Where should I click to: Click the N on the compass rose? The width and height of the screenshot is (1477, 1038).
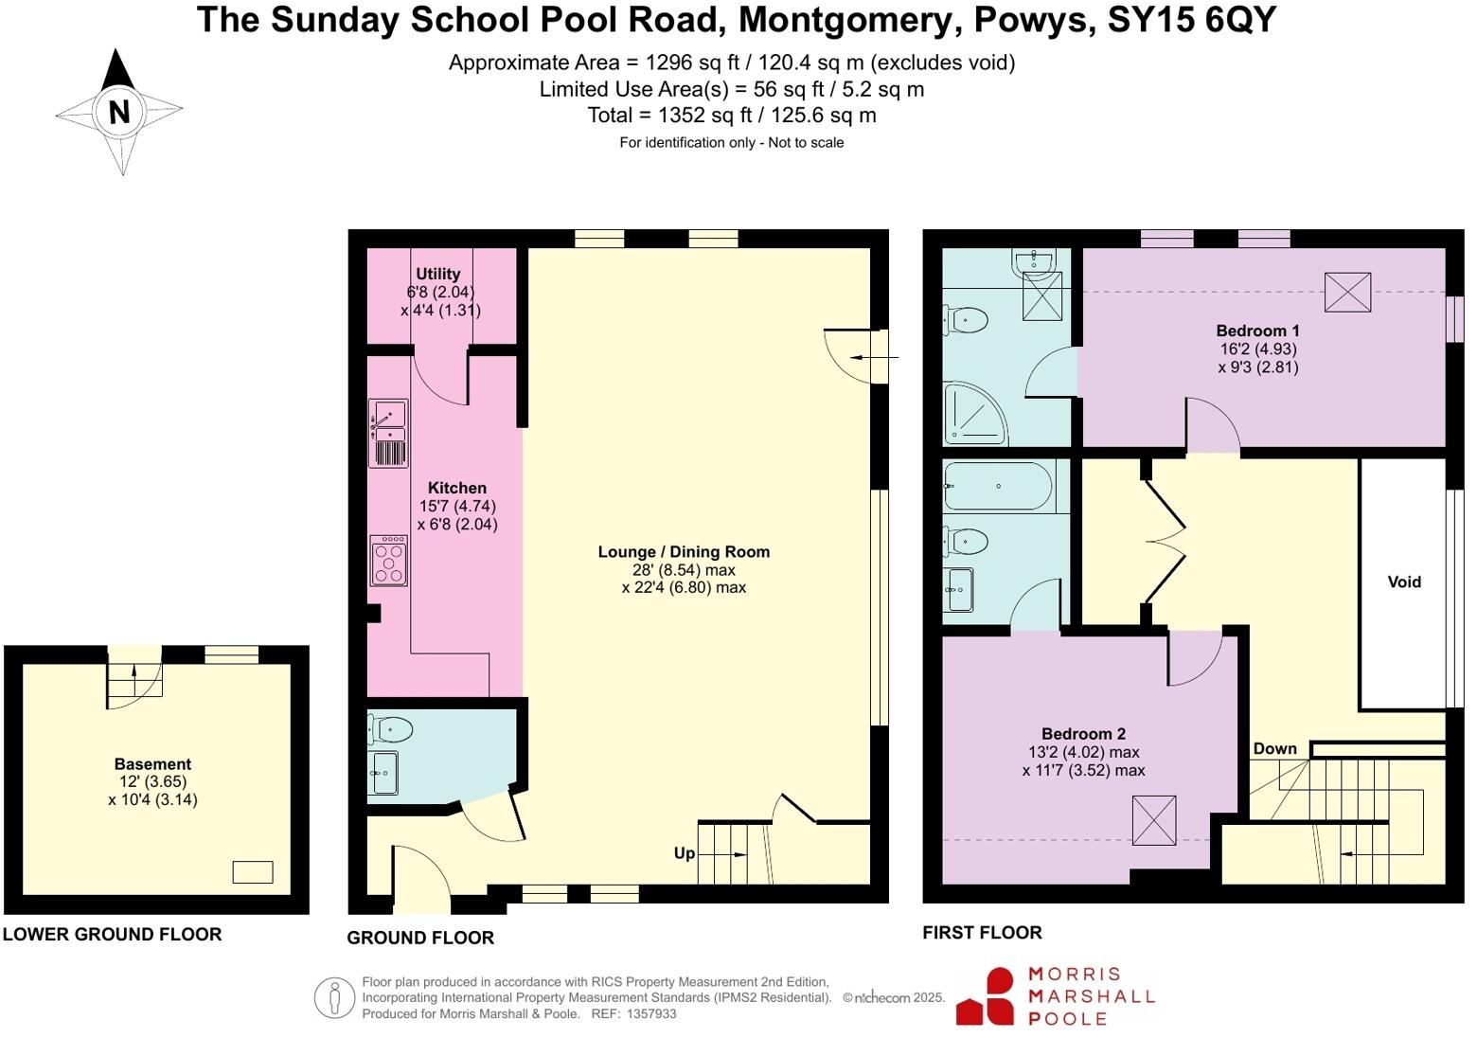pyautogui.click(x=119, y=112)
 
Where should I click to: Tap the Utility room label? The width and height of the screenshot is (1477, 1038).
pyautogui.click(x=437, y=274)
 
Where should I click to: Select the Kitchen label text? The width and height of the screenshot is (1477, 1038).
pyautogui.click(x=456, y=488)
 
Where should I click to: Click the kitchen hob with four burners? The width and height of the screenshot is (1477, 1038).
pyautogui.click(x=388, y=561)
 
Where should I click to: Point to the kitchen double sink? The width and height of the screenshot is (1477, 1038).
pyautogui.click(x=388, y=433)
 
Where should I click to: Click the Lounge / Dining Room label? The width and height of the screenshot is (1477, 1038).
pyautogui.click(x=684, y=552)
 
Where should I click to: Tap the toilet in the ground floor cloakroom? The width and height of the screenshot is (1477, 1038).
pyautogui.click(x=391, y=729)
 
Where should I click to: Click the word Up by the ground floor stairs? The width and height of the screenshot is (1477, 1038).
pyautogui.click(x=684, y=853)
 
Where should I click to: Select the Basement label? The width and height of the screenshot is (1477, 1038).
pyautogui.click(x=152, y=764)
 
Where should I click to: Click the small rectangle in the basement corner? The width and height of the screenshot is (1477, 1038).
pyautogui.click(x=253, y=872)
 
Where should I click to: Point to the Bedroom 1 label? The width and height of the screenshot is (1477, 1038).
pyautogui.click(x=1257, y=331)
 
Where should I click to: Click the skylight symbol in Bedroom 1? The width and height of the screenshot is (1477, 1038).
pyautogui.click(x=1347, y=292)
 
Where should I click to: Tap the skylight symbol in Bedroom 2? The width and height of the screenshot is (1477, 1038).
pyautogui.click(x=1154, y=820)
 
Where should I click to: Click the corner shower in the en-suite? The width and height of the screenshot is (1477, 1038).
pyautogui.click(x=972, y=414)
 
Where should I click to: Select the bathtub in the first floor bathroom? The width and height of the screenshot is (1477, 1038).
pyautogui.click(x=998, y=487)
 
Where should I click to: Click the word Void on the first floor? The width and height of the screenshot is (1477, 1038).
pyautogui.click(x=1404, y=582)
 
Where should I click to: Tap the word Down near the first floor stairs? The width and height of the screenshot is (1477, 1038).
pyautogui.click(x=1274, y=748)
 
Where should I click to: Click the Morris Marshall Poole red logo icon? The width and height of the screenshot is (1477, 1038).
pyautogui.click(x=985, y=996)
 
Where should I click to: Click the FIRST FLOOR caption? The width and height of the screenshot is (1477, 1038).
pyautogui.click(x=982, y=933)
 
